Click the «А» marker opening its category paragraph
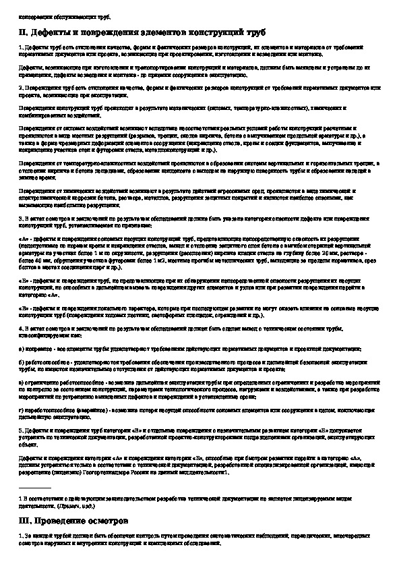24,238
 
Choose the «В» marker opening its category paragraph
24,308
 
